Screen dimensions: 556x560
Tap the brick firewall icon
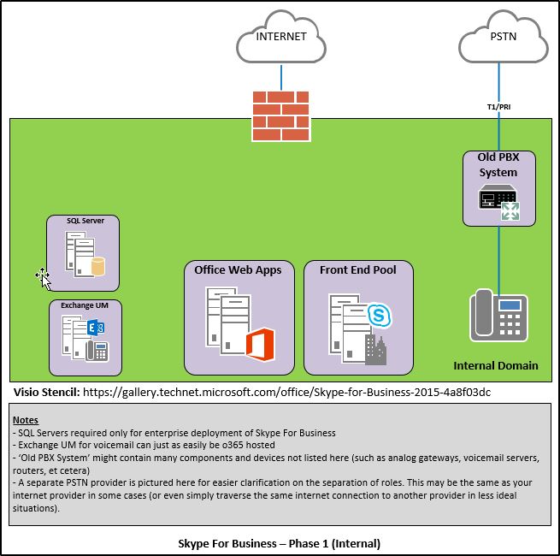[x=280, y=115]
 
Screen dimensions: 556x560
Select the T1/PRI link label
[x=499, y=107]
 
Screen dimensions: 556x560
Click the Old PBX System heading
[x=499, y=166]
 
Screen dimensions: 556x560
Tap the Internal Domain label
[x=496, y=365]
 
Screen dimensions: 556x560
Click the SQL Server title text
[x=85, y=222]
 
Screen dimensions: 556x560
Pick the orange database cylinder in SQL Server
[x=97, y=267]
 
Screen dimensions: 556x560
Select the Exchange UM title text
[x=85, y=305]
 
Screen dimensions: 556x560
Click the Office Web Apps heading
[x=244, y=270]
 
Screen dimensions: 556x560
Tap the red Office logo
[x=258, y=345]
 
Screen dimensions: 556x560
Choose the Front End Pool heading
[x=358, y=270]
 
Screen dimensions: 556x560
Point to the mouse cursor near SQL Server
[x=43, y=275]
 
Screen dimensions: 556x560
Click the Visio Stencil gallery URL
[x=287, y=392]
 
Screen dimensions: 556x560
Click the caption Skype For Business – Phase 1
[x=279, y=542]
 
